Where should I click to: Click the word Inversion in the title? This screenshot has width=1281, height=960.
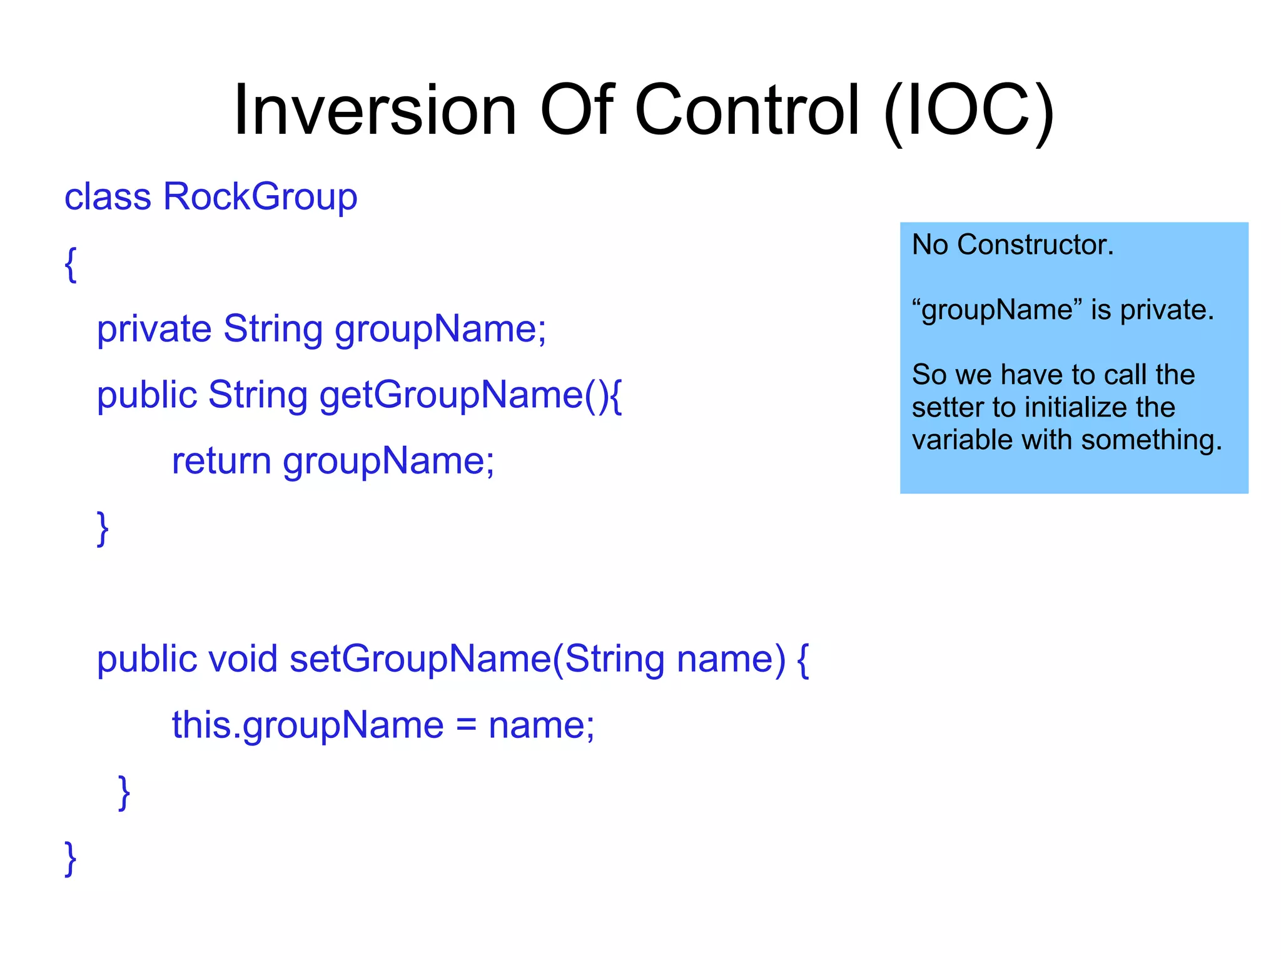pos(374,111)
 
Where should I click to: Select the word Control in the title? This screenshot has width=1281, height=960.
pos(747,111)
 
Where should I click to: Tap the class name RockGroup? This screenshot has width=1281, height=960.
pos(260,197)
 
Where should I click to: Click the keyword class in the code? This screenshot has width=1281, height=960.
pos(108,197)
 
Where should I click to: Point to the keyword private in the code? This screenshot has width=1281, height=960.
pos(154,329)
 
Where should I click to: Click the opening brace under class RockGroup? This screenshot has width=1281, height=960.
pos(71,264)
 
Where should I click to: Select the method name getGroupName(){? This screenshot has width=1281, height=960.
pos(470,395)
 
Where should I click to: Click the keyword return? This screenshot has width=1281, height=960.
pos(221,461)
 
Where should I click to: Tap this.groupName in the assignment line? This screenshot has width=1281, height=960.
pos(307,725)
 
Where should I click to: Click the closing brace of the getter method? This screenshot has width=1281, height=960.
pos(103,529)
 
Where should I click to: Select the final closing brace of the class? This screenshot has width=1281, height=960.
pos(71,859)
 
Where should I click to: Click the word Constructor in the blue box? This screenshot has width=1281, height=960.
pos(1035,245)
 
